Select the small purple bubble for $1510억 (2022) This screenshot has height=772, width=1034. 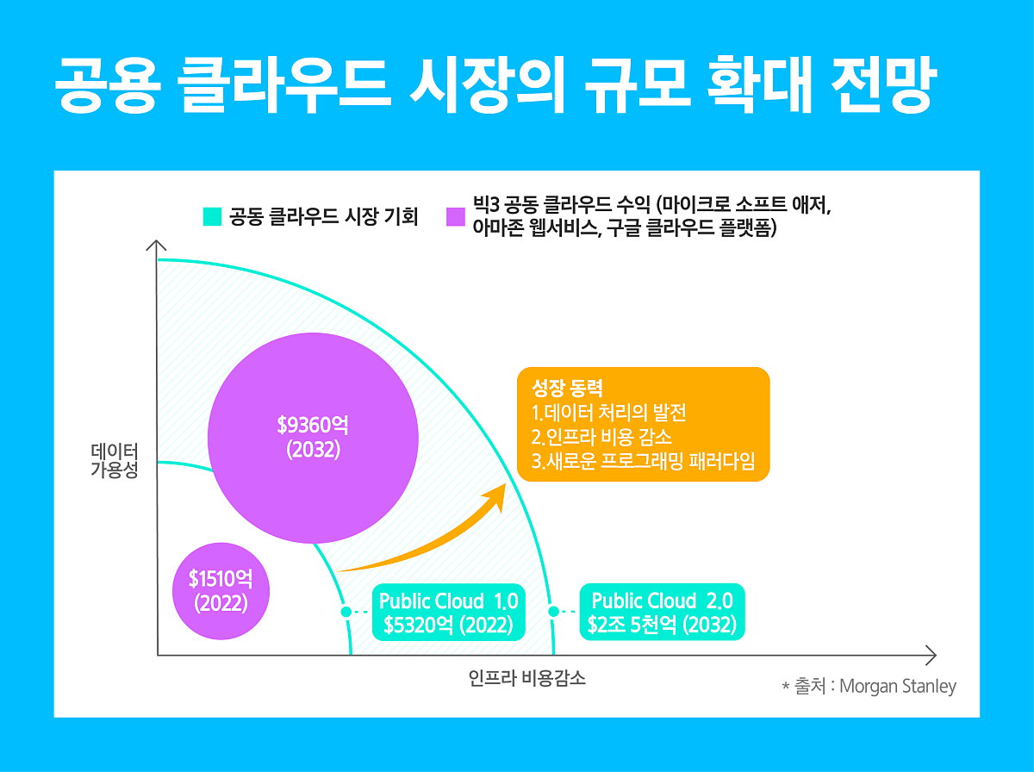click(x=221, y=590)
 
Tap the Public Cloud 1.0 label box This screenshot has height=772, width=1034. click(x=448, y=613)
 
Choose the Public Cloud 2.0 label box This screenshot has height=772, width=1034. click(x=661, y=613)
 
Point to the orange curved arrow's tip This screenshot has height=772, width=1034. click(x=503, y=489)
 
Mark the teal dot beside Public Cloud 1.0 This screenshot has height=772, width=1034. click(x=346, y=612)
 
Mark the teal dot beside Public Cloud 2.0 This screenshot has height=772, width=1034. click(x=554, y=612)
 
